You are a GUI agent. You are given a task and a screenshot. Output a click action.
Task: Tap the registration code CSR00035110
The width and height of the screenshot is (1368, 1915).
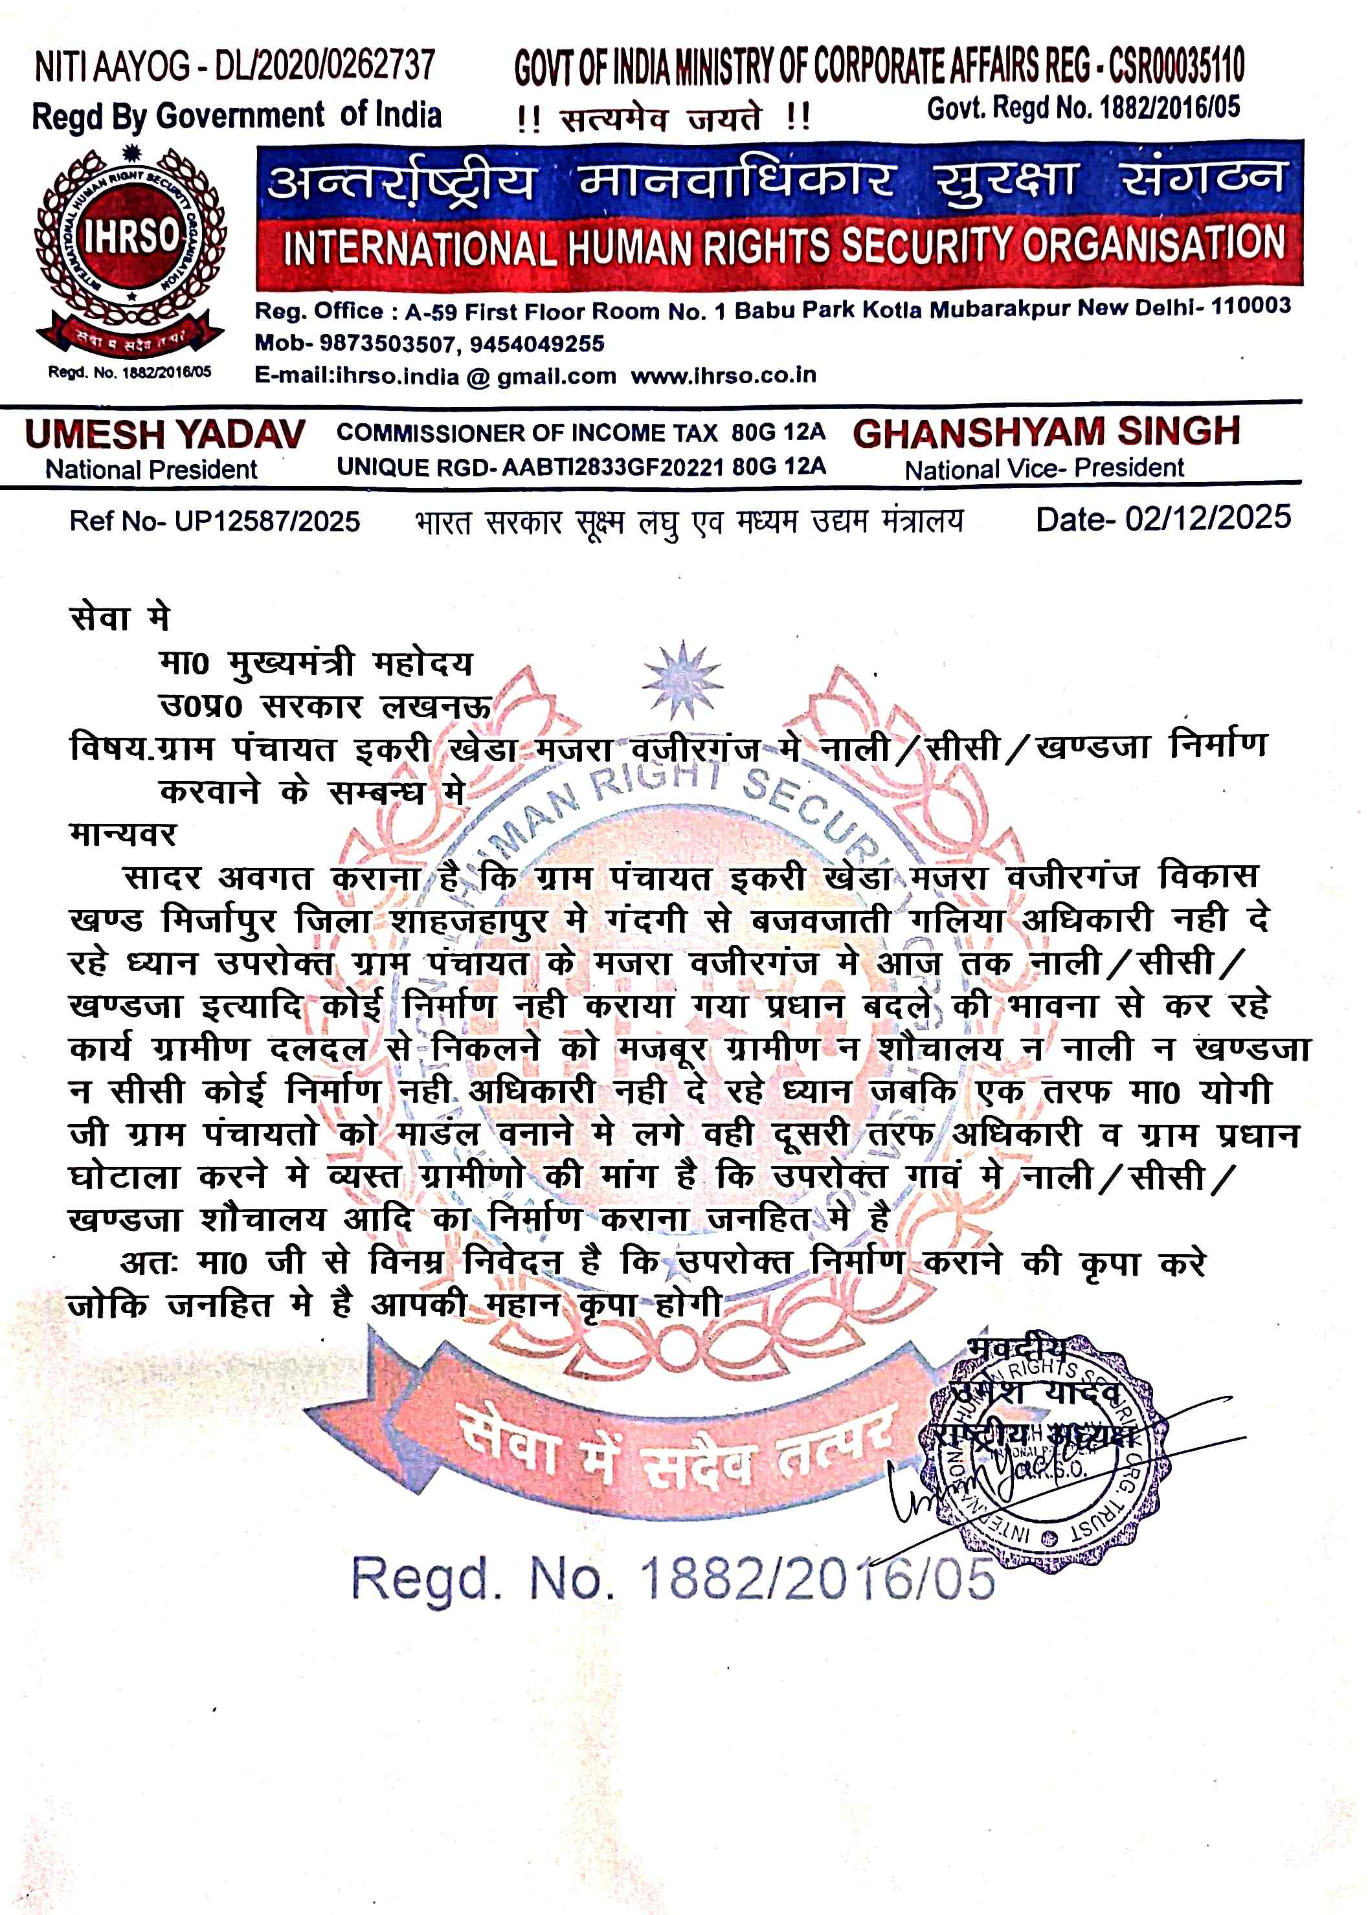1176,65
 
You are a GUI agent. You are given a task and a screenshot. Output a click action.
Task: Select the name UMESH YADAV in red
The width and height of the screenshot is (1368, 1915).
165,434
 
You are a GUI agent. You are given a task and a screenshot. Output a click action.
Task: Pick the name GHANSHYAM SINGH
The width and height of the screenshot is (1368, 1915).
1046,432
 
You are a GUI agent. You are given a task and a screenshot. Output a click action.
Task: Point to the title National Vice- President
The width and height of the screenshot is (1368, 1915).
1044,468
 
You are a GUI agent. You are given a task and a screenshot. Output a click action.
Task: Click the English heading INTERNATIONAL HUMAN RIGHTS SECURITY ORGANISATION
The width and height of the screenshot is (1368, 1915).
783,246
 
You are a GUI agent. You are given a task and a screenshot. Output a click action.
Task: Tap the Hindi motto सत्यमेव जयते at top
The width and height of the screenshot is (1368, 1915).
661,117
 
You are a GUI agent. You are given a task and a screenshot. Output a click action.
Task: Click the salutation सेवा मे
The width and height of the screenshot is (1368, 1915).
120,618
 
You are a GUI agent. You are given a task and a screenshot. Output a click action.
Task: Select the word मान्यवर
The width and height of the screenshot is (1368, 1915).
123,834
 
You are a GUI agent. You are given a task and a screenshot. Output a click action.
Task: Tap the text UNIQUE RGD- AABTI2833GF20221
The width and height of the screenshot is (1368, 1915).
529,467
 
